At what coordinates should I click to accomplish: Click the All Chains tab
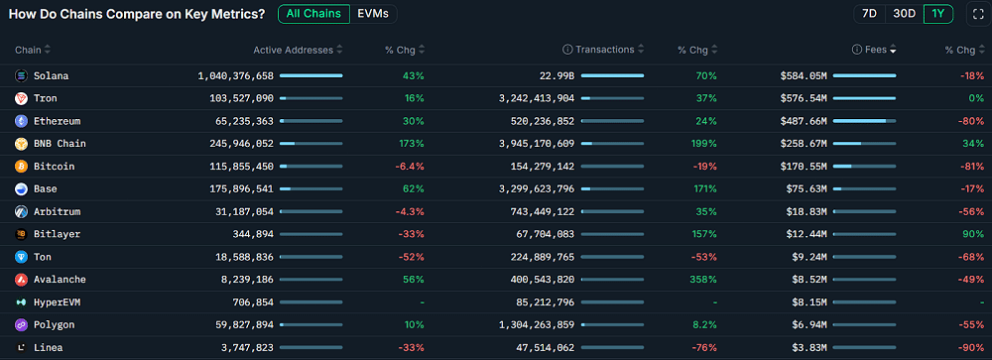tap(313, 14)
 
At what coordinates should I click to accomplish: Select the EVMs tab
tap(373, 14)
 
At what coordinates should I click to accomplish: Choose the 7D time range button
tap(869, 14)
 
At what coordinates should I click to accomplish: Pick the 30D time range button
tap(904, 14)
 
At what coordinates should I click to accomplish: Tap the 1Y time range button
tap(937, 14)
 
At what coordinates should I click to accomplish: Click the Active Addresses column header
tap(293, 50)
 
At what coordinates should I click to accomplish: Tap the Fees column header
tap(874, 50)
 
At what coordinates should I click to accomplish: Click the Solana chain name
tap(51, 75)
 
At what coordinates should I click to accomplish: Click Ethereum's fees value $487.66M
tap(804, 121)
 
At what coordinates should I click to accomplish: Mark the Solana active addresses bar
tap(311, 75)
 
